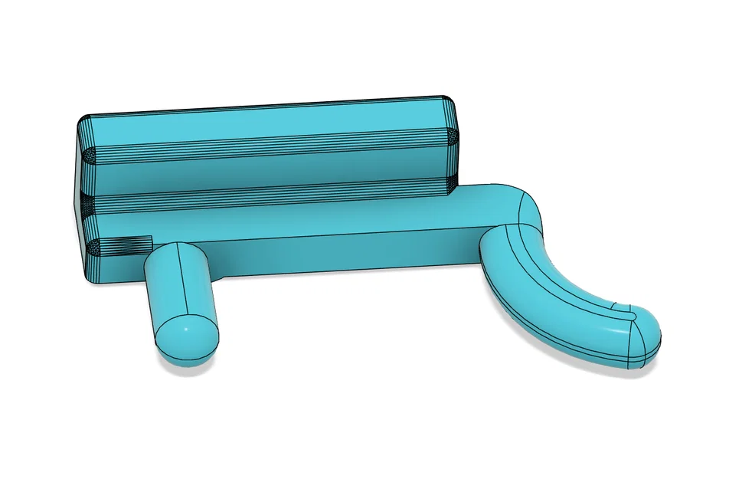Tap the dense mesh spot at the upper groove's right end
pyautogui.click(x=452, y=138)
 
